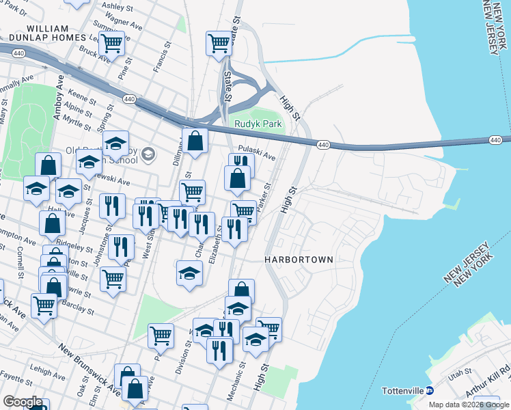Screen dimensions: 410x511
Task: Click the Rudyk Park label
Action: click(258, 124)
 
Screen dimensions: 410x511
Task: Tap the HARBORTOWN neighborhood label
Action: click(299, 260)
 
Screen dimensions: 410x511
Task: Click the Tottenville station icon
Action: click(430, 391)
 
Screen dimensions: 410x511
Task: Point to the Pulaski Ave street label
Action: click(256, 152)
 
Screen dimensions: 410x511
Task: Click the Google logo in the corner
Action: click(22, 402)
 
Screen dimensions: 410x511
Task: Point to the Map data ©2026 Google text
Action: click(469, 405)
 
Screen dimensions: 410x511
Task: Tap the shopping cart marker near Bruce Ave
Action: click(111, 44)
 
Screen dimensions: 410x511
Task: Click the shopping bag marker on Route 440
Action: click(195, 141)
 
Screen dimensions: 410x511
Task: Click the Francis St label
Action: click(161, 60)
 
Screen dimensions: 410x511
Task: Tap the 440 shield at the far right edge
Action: click(495, 140)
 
